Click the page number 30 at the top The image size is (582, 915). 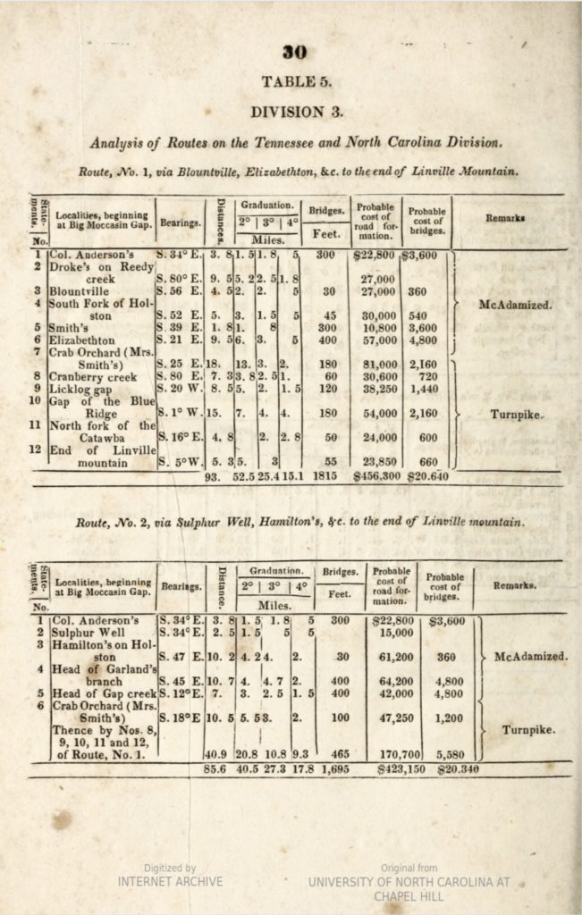click(x=294, y=53)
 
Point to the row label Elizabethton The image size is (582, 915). click(x=83, y=340)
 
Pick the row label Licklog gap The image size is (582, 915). click(x=81, y=389)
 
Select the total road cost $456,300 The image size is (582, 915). click(x=378, y=477)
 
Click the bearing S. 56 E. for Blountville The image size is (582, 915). click(x=178, y=290)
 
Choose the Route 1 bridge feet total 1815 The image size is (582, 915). click(x=325, y=477)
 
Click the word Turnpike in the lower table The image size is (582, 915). click(x=530, y=729)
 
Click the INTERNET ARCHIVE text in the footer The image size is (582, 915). click(x=170, y=881)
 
